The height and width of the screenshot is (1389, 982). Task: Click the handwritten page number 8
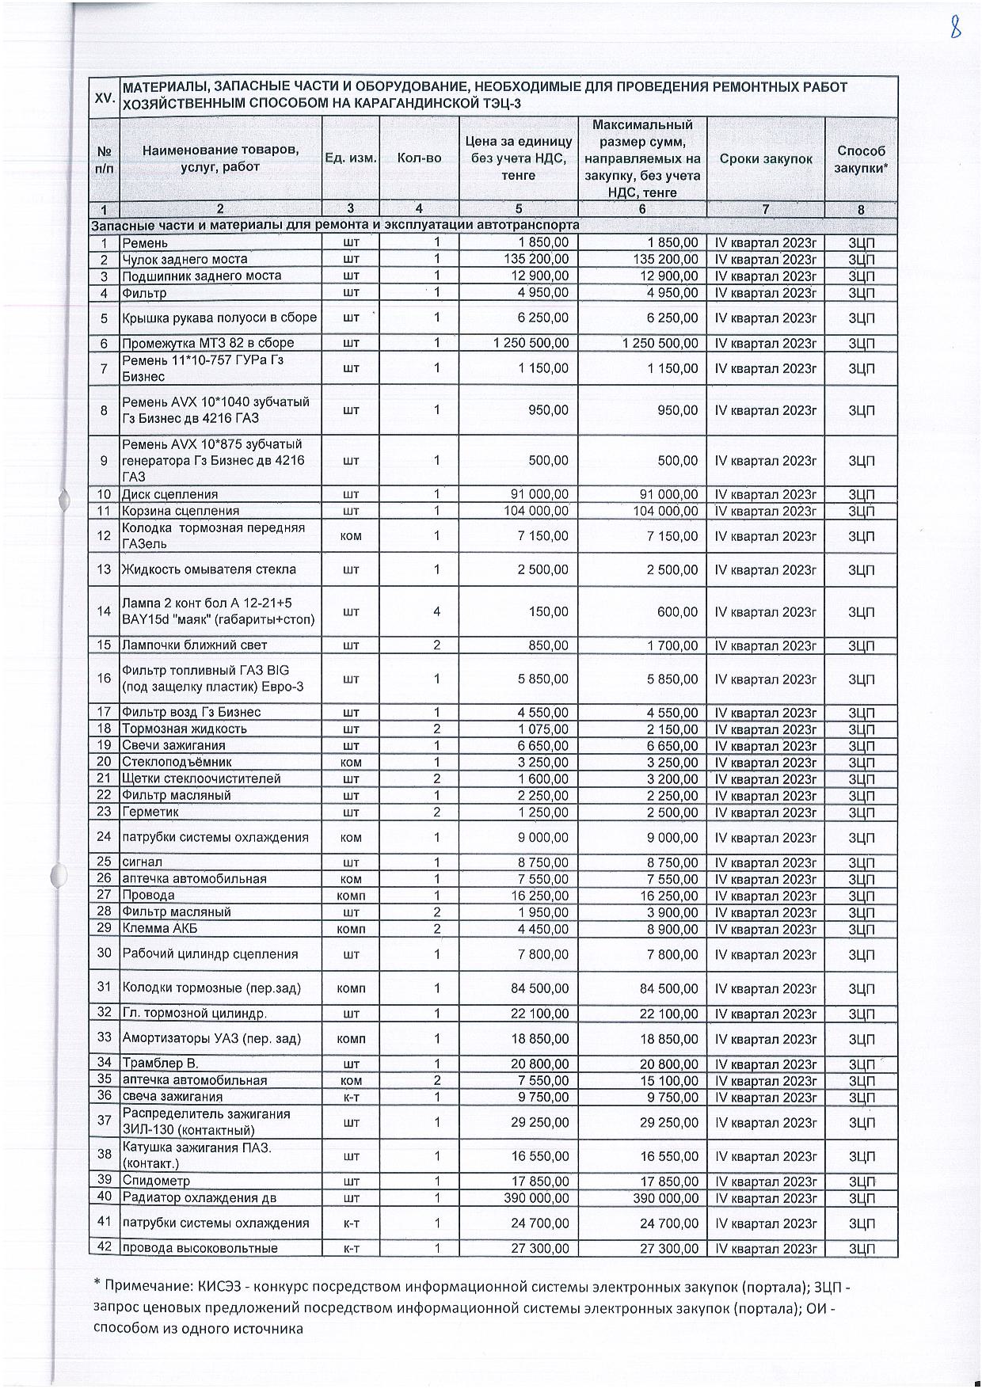tap(956, 28)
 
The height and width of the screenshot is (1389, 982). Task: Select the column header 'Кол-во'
tap(419, 158)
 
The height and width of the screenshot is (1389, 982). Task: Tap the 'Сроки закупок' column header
tap(765, 158)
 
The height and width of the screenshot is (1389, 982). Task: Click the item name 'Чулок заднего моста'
tap(185, 260)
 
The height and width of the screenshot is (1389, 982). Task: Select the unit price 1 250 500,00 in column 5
tap(530, 343)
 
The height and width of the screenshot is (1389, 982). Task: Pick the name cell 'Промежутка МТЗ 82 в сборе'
tap(208, 343)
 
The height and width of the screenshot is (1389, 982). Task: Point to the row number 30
tap(104, 953)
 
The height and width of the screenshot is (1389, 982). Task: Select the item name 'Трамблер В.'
tap(160, 1063)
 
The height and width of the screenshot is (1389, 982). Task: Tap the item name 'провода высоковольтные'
tap(200, 1248)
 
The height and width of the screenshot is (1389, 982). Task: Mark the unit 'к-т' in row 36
tap(351, 1097)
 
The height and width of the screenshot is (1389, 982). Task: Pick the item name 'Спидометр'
tap(156, 1181)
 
